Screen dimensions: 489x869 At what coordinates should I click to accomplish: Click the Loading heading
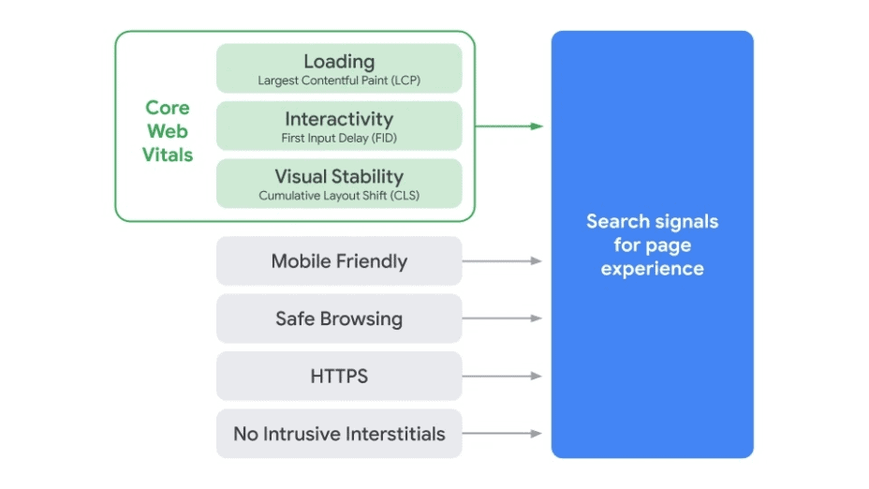[339, 61]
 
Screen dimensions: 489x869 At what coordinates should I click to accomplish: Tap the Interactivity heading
[339, 119]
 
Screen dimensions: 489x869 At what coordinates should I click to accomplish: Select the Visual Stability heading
[339, 176]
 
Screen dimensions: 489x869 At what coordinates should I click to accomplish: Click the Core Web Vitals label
[168, 131]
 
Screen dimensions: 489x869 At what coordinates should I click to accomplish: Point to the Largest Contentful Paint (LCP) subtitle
[339, 81]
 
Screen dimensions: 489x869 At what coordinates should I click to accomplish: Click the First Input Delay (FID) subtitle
[339, 138]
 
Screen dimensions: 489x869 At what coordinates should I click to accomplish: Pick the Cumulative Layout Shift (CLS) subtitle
[339, 196]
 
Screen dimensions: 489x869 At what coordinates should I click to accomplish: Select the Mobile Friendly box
[339, 261]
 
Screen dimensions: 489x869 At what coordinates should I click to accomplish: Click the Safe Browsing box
[339, 319]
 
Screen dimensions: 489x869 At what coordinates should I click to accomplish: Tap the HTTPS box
[339, 377]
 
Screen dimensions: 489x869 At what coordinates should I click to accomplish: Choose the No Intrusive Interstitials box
[339, 434]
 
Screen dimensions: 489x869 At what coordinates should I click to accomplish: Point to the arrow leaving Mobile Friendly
[502, 261]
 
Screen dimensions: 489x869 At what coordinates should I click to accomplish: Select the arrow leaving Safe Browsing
[502, 319]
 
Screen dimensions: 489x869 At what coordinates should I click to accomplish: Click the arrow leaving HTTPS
[502, 377]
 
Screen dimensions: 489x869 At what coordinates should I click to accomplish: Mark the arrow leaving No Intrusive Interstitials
[502, 434]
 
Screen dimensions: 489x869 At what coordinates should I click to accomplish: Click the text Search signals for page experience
[652, 245]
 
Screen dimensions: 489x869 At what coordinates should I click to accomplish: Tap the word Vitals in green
[168, 155]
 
